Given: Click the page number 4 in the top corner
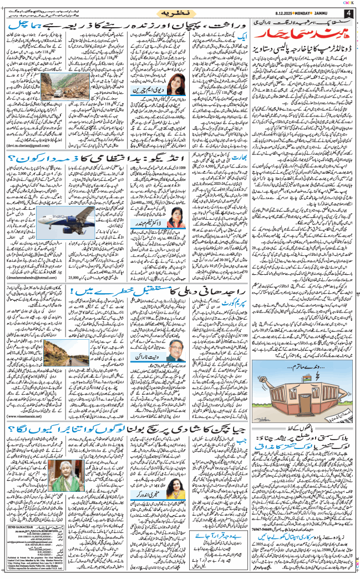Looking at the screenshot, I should click(348, 13).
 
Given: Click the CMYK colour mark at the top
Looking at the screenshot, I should click(348, 3).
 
